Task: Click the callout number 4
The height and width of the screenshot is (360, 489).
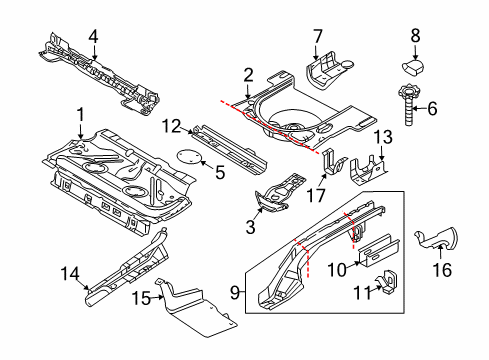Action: pos(94,36)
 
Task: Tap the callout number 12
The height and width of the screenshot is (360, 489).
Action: pos(172,126)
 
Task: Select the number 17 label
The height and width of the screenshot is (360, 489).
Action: pos(315,196)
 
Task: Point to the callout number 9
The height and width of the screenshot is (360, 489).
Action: pos(235,293)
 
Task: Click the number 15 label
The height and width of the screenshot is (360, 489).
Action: pos(141,298)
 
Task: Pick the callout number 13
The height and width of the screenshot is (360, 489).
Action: pos(383,137)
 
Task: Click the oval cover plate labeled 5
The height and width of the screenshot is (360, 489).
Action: pos(190,157)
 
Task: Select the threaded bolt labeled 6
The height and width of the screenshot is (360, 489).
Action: pos(408,105)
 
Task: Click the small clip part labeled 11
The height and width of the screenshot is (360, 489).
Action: pos(387,282)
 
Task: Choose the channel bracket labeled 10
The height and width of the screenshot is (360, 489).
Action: pos(379,251)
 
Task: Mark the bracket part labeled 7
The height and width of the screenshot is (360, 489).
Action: pos(327,71)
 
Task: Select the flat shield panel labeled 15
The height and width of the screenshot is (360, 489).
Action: pos(197,308)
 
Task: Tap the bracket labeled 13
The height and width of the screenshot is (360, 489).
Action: pos(368,170)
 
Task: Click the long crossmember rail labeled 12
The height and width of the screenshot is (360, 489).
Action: pos(230,149)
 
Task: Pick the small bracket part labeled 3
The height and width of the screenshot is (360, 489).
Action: pos(280,193)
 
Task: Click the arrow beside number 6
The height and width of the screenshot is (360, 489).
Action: pos(420,108)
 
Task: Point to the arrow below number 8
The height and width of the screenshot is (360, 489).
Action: pos(415,52)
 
